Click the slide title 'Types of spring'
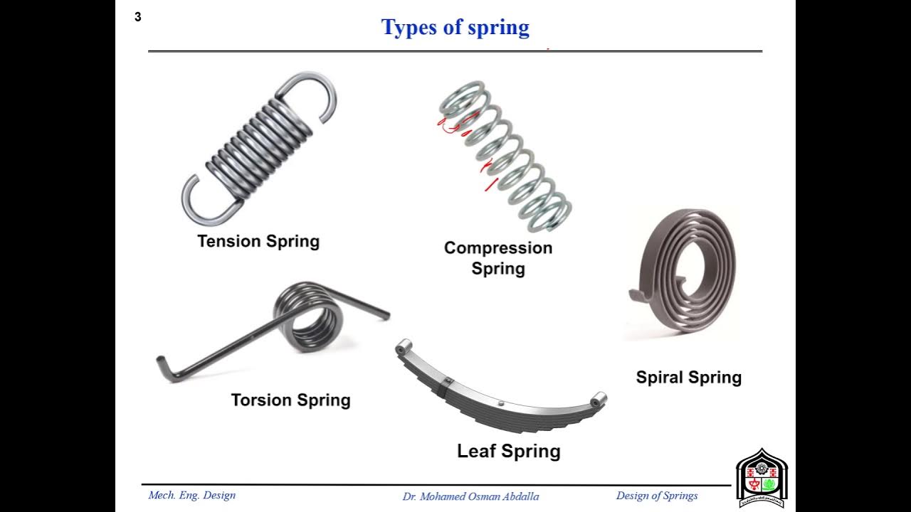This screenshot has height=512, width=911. (455, 28)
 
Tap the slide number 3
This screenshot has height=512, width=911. (138, 17)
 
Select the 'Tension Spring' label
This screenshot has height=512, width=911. (258, 241)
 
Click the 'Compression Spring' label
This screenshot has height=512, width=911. (498, 257)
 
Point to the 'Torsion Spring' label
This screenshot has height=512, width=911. (290, 400)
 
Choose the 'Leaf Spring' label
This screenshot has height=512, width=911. (508, 451)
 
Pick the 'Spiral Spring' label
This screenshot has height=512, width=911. (688, 378)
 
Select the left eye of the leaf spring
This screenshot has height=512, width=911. (404, 346)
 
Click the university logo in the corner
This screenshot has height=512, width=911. (760, 478)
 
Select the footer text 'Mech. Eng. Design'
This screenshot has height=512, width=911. (191, 495)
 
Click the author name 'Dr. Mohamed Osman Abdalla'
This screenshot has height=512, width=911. (470, 496)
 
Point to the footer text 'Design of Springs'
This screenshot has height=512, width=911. (656, 496)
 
